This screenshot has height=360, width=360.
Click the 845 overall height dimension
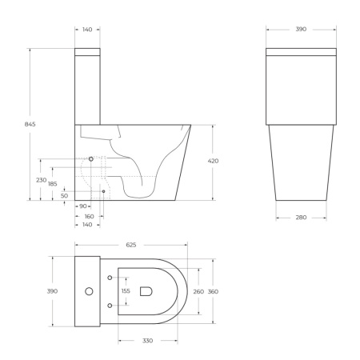[30, 124]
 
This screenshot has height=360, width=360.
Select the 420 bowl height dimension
[213, 161]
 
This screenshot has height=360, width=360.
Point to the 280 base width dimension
[302, 216]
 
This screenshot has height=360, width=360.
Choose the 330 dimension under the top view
[148, 340]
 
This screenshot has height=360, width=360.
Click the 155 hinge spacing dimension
[125, 291]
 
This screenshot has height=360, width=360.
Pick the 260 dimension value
[198, 291]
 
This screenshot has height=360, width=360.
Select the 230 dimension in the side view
[41, 180]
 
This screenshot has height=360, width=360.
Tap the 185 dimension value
[53, 185]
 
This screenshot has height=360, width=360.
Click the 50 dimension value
[64, 195]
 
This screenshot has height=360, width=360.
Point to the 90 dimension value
[82, 206]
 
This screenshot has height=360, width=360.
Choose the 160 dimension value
[89, 216]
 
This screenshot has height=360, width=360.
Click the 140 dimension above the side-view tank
[87, 29]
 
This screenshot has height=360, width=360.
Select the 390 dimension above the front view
[302, 29]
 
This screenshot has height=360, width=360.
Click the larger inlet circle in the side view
[91, 159]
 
